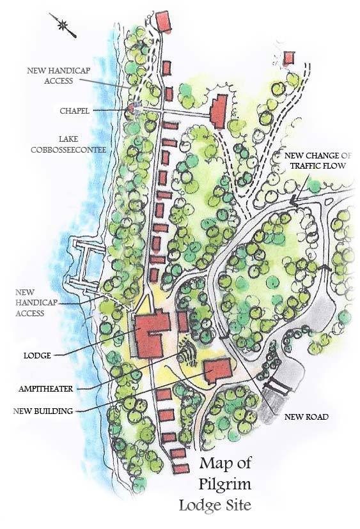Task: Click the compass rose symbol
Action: pos(65,26)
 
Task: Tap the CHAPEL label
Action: pos(75,110)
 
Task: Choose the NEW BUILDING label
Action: pos(43,410)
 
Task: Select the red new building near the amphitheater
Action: pos(217,369)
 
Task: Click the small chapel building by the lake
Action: pos(132,108)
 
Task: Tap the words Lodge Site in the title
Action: pos(215,505)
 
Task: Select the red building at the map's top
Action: pos(165,20)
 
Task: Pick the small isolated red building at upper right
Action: pos(288,59)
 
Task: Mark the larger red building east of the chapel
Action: pos(219,111)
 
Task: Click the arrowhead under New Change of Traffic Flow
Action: pos(293,202)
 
